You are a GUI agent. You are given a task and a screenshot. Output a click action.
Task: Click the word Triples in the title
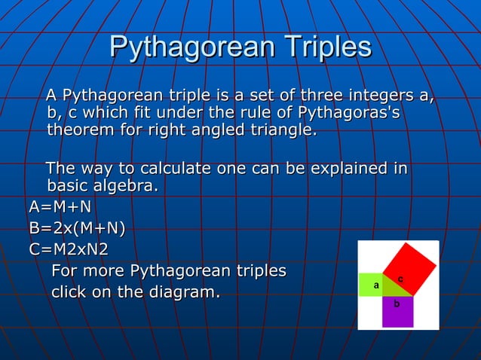(326, 47)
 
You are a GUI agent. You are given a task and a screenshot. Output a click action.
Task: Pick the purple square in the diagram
(397, 311)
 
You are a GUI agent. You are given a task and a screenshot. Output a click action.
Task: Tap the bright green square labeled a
(370, 285)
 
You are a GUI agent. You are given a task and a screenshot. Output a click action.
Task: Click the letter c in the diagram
(400, 279)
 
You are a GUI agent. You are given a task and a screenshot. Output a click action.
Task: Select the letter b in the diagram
(397, 304)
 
